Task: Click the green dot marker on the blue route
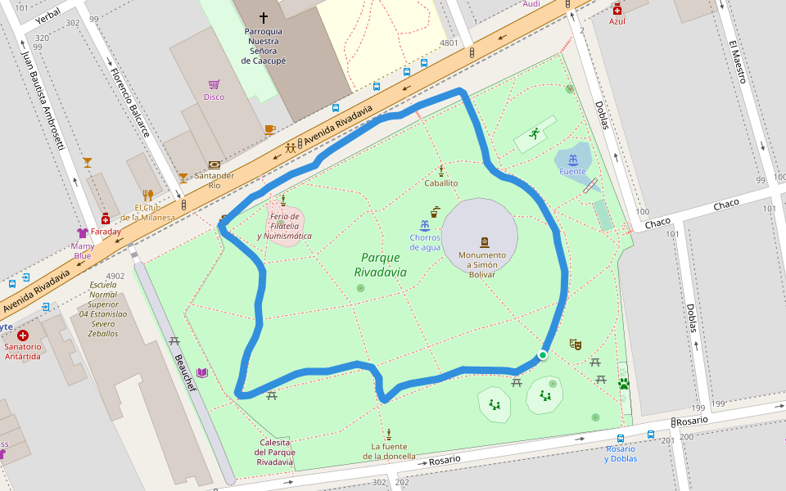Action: pos(543,354)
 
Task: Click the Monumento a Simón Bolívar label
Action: pos(481,264)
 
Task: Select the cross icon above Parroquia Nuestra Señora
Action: pos(264,17)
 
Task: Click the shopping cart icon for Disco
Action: pos(214,84)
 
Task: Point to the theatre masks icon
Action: pos(575,345)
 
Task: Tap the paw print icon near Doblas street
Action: pos(624,382)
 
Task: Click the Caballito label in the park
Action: pos(441,183)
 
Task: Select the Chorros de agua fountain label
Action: pos(425,242)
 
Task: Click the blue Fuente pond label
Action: pos(572,172)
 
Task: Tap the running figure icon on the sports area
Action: pos(535,133)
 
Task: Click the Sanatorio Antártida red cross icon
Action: pos(22,336)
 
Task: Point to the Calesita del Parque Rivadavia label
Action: pos(275,452)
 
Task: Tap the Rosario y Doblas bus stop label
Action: pos(621,453)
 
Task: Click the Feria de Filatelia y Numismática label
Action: pos(284,226)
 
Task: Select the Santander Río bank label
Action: pos(215,180)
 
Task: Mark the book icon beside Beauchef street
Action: pos(201,372)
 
